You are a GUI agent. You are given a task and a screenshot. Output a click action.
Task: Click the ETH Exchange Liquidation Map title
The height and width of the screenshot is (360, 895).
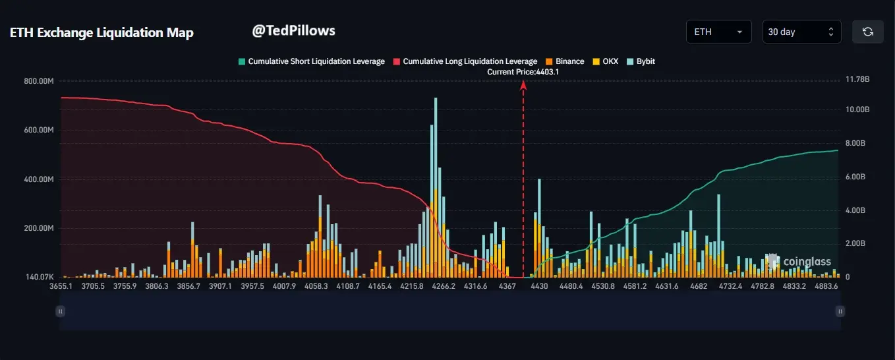[101, 32]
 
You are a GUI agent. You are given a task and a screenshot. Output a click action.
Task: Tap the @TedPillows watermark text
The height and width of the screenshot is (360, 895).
[293, 30]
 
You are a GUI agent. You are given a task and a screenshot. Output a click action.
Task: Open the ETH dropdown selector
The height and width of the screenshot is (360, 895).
[718, 32]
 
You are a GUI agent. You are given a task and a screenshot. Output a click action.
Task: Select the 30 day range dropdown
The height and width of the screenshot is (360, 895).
[801, 32]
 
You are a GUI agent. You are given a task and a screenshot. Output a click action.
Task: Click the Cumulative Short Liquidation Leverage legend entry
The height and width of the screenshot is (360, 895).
[311, 61]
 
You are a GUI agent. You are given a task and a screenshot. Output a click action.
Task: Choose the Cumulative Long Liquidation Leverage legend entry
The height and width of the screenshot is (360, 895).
[465, 61]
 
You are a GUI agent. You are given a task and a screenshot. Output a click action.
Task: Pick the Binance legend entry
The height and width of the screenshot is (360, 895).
[565, 61]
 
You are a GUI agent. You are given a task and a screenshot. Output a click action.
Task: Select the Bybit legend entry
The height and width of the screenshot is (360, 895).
[641, 61]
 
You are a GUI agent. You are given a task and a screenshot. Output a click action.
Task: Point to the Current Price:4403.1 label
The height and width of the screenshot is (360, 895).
[523, 72]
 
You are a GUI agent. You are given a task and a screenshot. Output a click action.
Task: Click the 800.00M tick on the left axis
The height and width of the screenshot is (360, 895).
[39, 81]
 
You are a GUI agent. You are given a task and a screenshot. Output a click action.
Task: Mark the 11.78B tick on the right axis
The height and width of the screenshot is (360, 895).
[857, 79]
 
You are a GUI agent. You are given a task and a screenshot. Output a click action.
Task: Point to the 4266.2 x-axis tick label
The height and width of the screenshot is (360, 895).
[444, 287]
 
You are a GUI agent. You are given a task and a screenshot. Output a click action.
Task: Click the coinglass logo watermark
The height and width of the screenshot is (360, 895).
[799, 262]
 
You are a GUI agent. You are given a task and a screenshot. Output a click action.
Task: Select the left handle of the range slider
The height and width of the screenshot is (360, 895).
[61, 311]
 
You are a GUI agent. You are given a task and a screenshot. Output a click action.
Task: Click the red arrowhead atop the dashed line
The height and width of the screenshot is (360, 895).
[523, 85]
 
